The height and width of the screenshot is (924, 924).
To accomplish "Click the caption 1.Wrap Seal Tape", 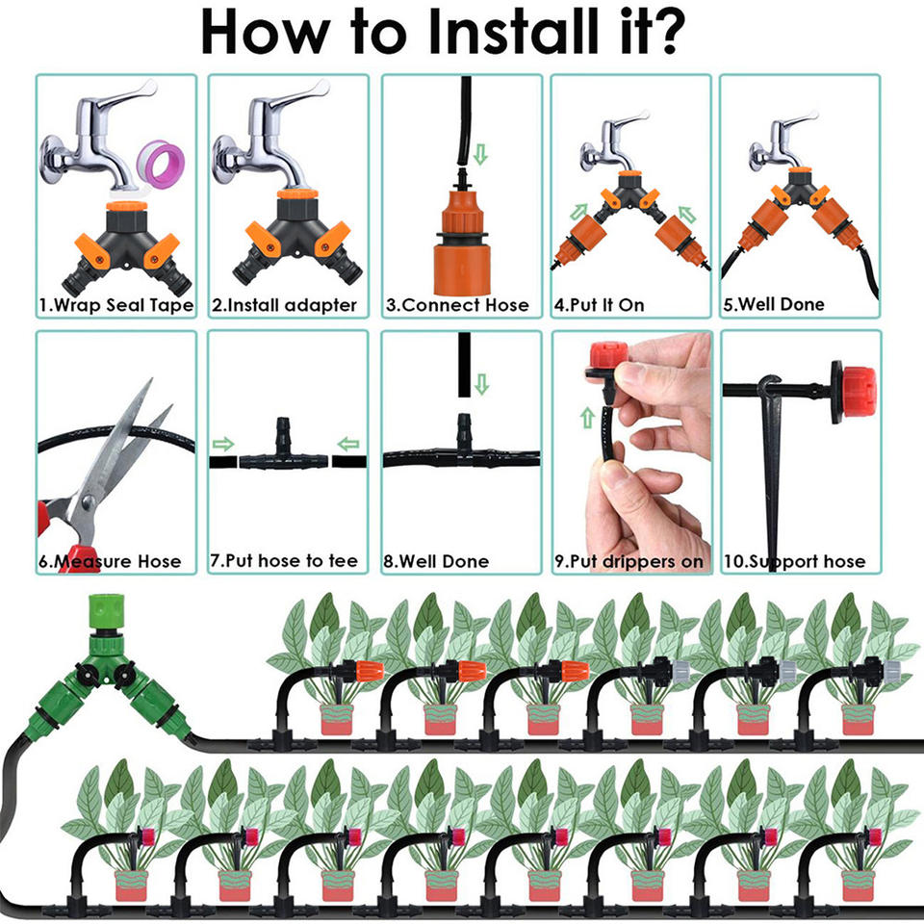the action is (115, 305).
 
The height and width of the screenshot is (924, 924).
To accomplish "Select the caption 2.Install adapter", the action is (285, 305).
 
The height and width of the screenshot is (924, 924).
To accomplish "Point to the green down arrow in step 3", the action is (482, 153).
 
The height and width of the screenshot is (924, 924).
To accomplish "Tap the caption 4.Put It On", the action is (599, 305).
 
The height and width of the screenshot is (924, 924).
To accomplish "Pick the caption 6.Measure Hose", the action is (110, 560).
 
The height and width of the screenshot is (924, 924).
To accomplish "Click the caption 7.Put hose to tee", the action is (284, 560).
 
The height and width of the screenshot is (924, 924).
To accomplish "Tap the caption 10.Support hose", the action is (794, 560).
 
